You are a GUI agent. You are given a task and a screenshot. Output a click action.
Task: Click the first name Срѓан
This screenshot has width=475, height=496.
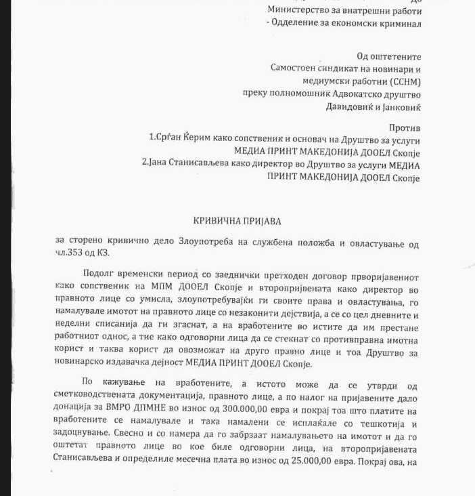pos(169,139)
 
